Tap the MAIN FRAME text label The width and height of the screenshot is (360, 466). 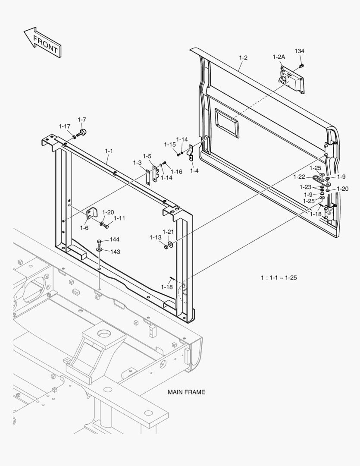[186, 392]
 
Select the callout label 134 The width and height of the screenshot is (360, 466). [299, 51]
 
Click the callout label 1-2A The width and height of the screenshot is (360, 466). [279, 57]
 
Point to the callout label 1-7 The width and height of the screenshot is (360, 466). [82, 120]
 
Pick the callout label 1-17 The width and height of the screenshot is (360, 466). [65, 126]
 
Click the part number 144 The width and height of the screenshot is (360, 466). [114, 239]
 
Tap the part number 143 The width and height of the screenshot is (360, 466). [115, 252]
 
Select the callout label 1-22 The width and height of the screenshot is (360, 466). [299, 177]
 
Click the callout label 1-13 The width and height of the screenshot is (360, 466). [155, 237]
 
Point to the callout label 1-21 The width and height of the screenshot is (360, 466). [168, 232]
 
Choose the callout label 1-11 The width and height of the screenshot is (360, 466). [119, 218]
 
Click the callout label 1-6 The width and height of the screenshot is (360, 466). [84, 228]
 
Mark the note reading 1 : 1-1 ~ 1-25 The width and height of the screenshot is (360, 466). [279, 277]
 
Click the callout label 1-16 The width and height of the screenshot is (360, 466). [176, 171]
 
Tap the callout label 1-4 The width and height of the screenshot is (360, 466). [194, 170]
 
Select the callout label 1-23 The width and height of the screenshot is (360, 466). [305, 187]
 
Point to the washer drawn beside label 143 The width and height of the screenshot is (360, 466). [99, 249]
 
